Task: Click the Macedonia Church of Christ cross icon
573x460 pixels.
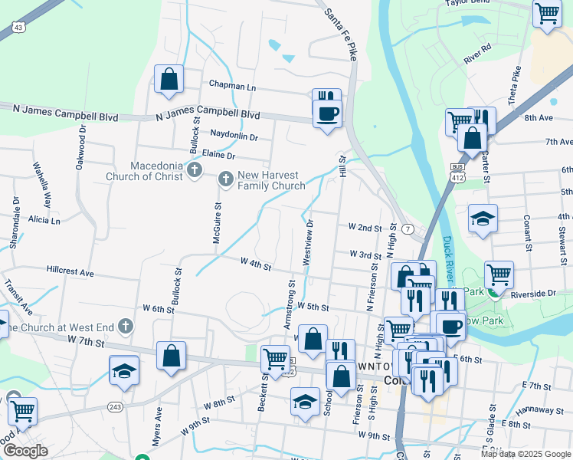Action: (195, 170)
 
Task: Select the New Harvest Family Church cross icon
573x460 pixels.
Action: (226, 179)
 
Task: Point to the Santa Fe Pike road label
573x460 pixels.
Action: (341, 34)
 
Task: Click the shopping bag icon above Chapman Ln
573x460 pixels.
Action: (169, 79)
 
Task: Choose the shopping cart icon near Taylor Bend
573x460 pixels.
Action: (547, 14)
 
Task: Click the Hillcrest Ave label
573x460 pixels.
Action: (70, 272)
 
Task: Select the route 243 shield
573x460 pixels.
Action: (116, 406)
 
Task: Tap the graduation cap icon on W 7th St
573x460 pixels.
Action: (124, 370)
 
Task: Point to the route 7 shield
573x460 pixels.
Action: (408, 229)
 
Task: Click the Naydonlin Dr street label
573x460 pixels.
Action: (234, 136)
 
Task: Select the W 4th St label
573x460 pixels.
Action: (256, 264)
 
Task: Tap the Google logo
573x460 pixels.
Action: (25, 450)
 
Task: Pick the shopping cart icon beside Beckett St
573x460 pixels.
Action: (274, 357)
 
